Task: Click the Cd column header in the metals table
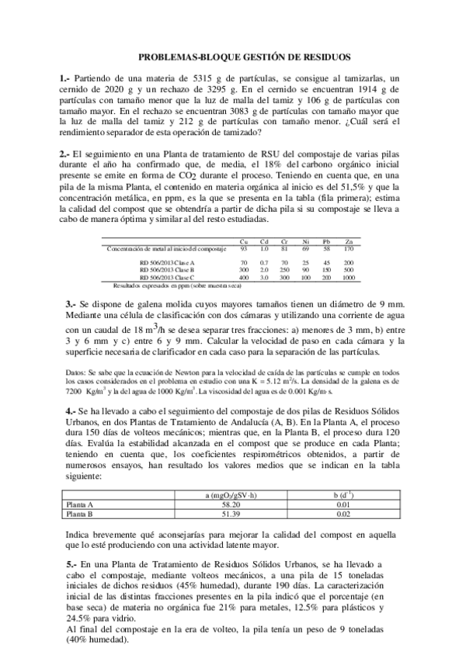tap(264, 241)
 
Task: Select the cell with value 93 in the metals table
tap(244, 248)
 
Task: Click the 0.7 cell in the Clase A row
tap(264, 263)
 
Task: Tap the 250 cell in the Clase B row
tap(285, 270)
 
